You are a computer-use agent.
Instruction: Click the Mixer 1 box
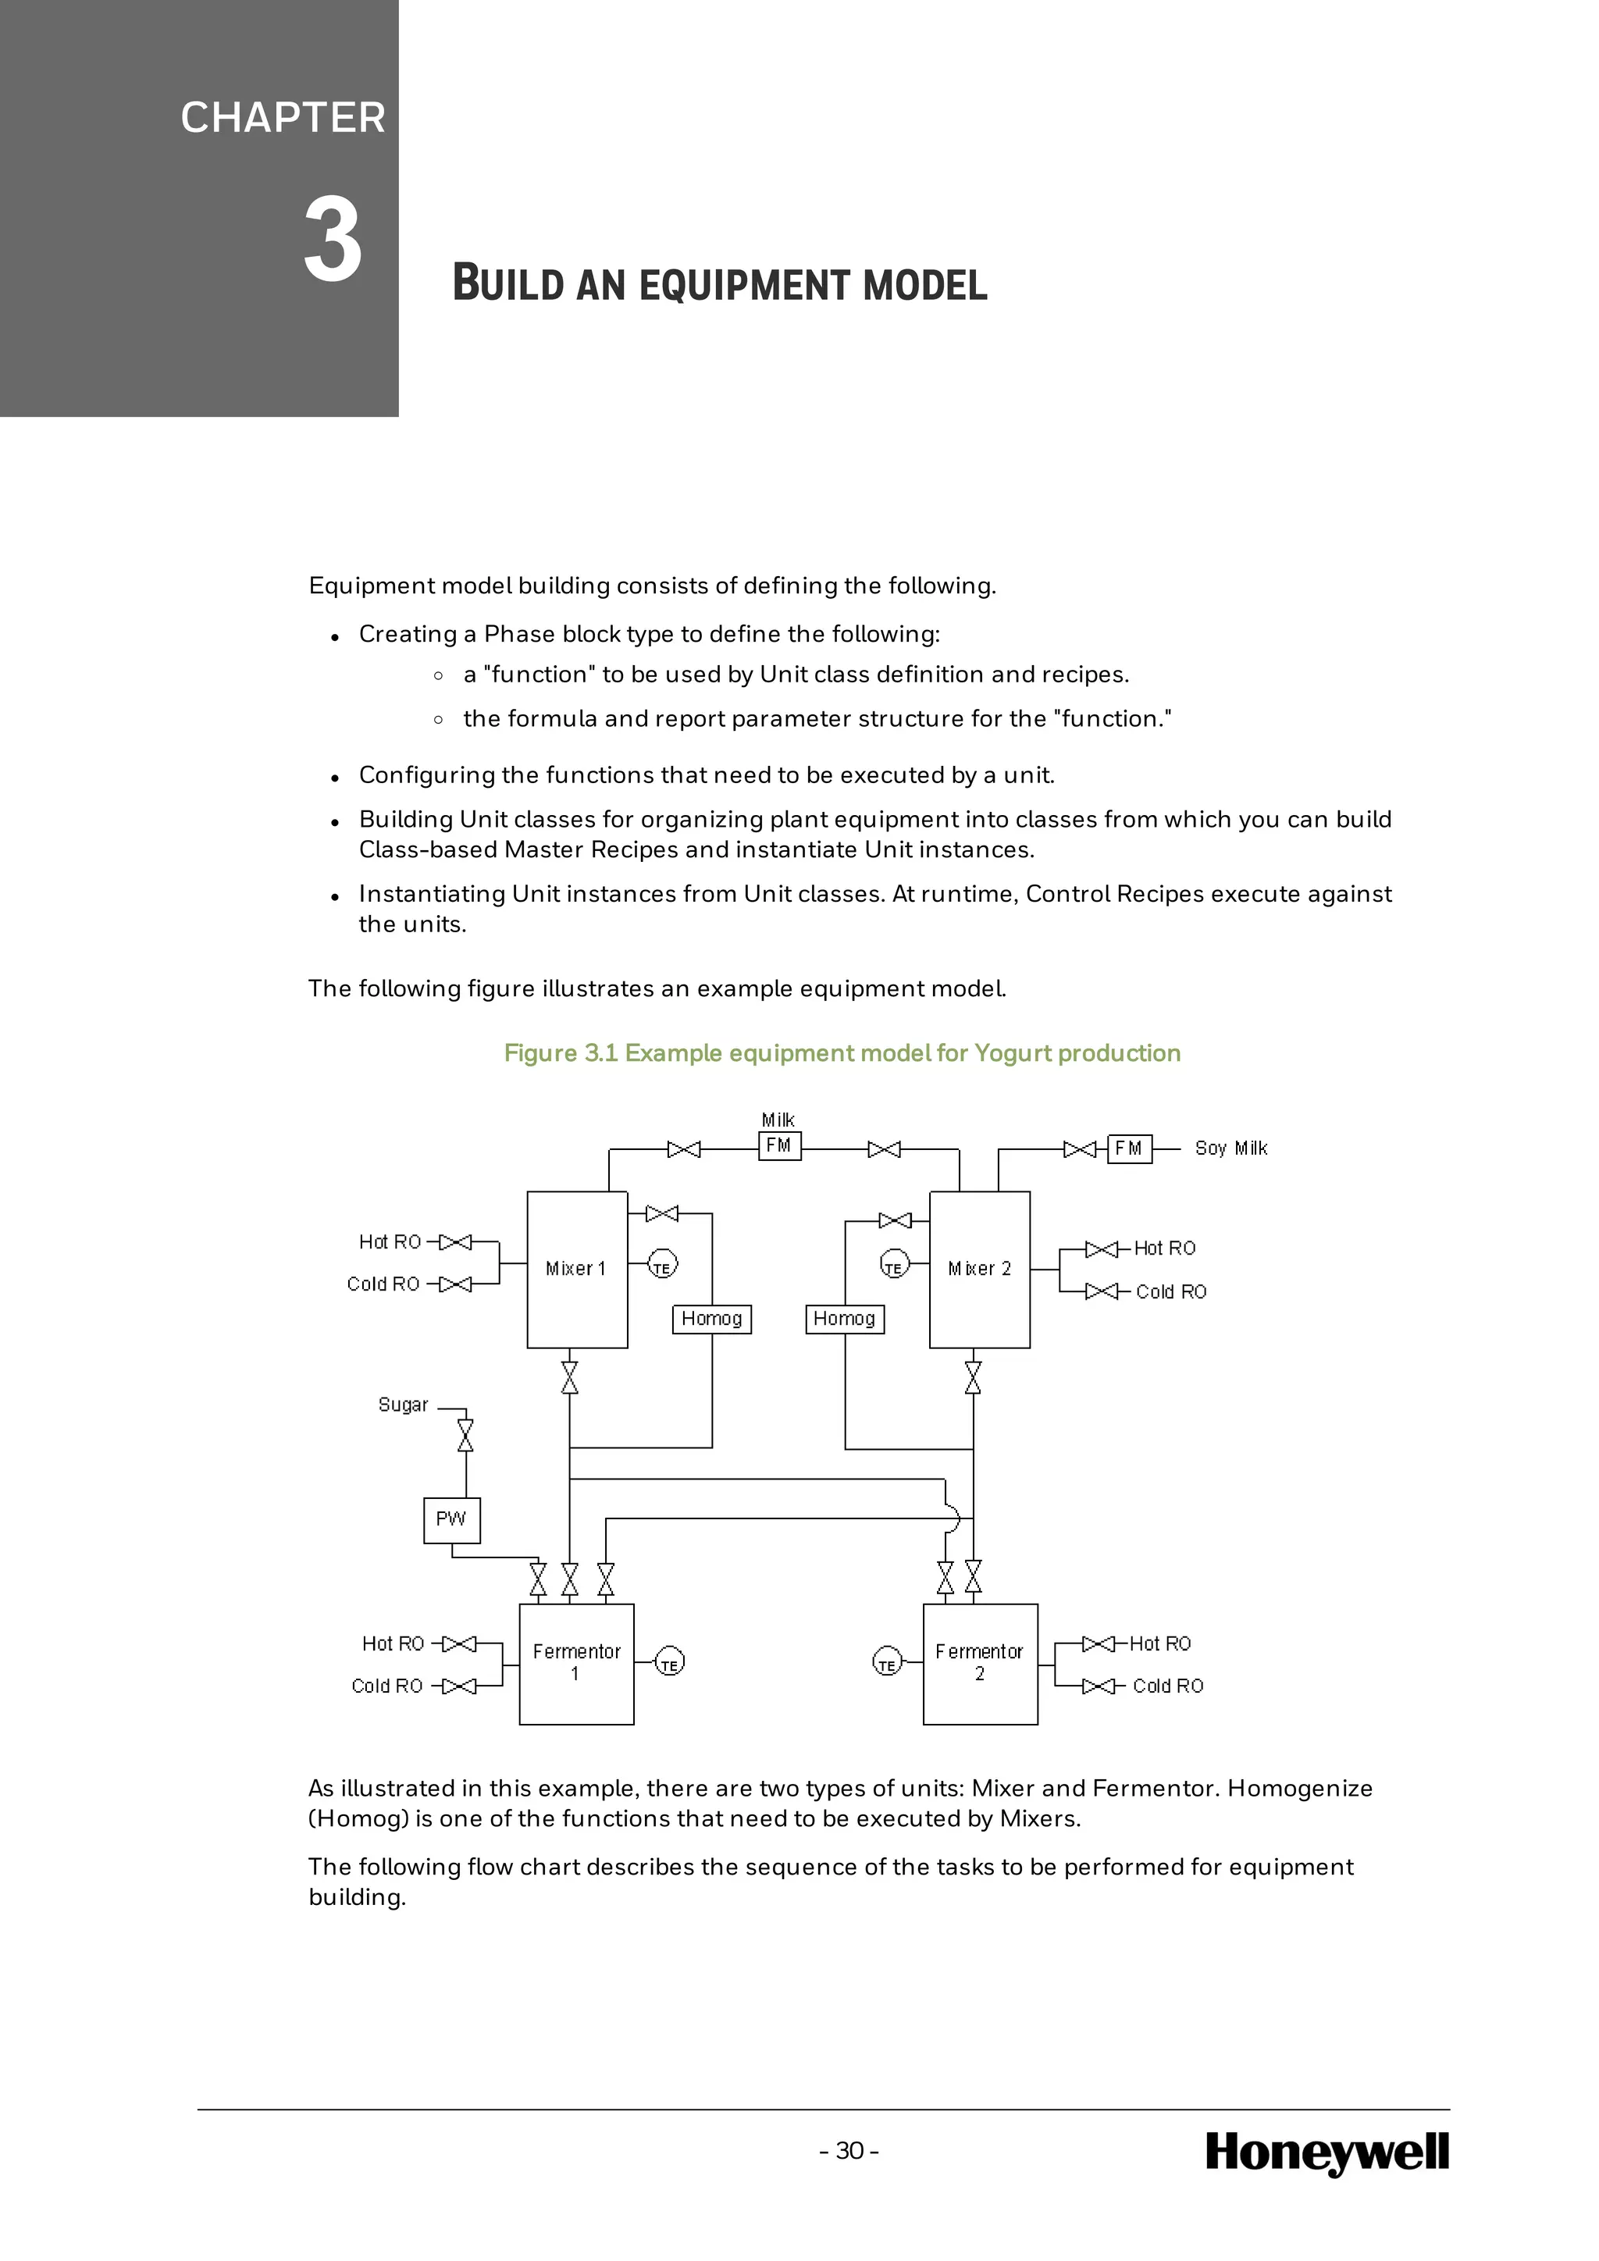(x=577, y=1269)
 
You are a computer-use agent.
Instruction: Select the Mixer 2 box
(x=980, y=1269)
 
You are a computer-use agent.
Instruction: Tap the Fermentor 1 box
(x=576, y=1665)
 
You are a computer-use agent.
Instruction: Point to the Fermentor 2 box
(x=980, y=1665)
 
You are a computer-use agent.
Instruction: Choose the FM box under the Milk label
(x=779, y=1146)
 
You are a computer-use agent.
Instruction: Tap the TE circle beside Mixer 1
(x=663, y=1266)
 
